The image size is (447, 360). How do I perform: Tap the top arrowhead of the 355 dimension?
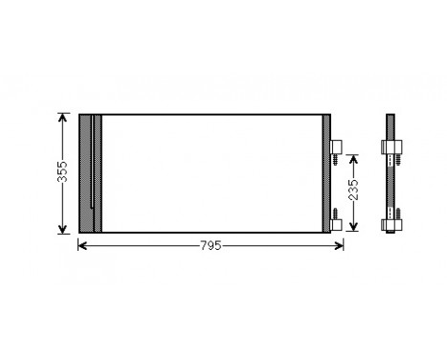click(63, 118)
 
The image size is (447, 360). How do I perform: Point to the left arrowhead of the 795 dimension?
click(80, 246)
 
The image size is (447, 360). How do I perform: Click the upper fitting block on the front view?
click(336, 147)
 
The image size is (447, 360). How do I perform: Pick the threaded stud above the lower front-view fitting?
click(336, 211)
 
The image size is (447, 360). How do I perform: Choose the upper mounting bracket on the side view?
click(392, 147)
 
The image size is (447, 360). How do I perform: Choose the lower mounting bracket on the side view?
click(392, 225)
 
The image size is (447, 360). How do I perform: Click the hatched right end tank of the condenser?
click(325, 173)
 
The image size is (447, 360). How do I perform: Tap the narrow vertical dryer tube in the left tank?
click(94, 173)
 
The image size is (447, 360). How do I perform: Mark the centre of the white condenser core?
click(211, 173)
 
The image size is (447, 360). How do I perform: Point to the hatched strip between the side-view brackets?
click(392, 187)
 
